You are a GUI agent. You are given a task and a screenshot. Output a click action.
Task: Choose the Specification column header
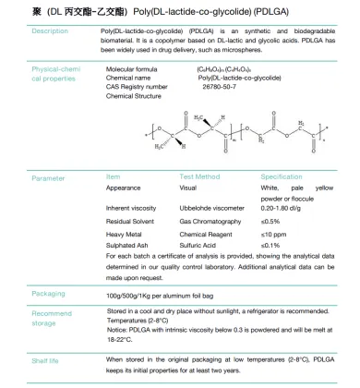pyautogui.click(x=281, y=176)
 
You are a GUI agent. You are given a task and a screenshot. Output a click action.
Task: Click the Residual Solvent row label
pyautogui.click(x=132, y=222)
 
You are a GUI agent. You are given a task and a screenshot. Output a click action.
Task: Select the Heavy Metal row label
pyautogui.click(x=126, y=235)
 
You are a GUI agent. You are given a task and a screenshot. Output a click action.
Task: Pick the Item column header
pyautogui.click(x=114, y=176)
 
